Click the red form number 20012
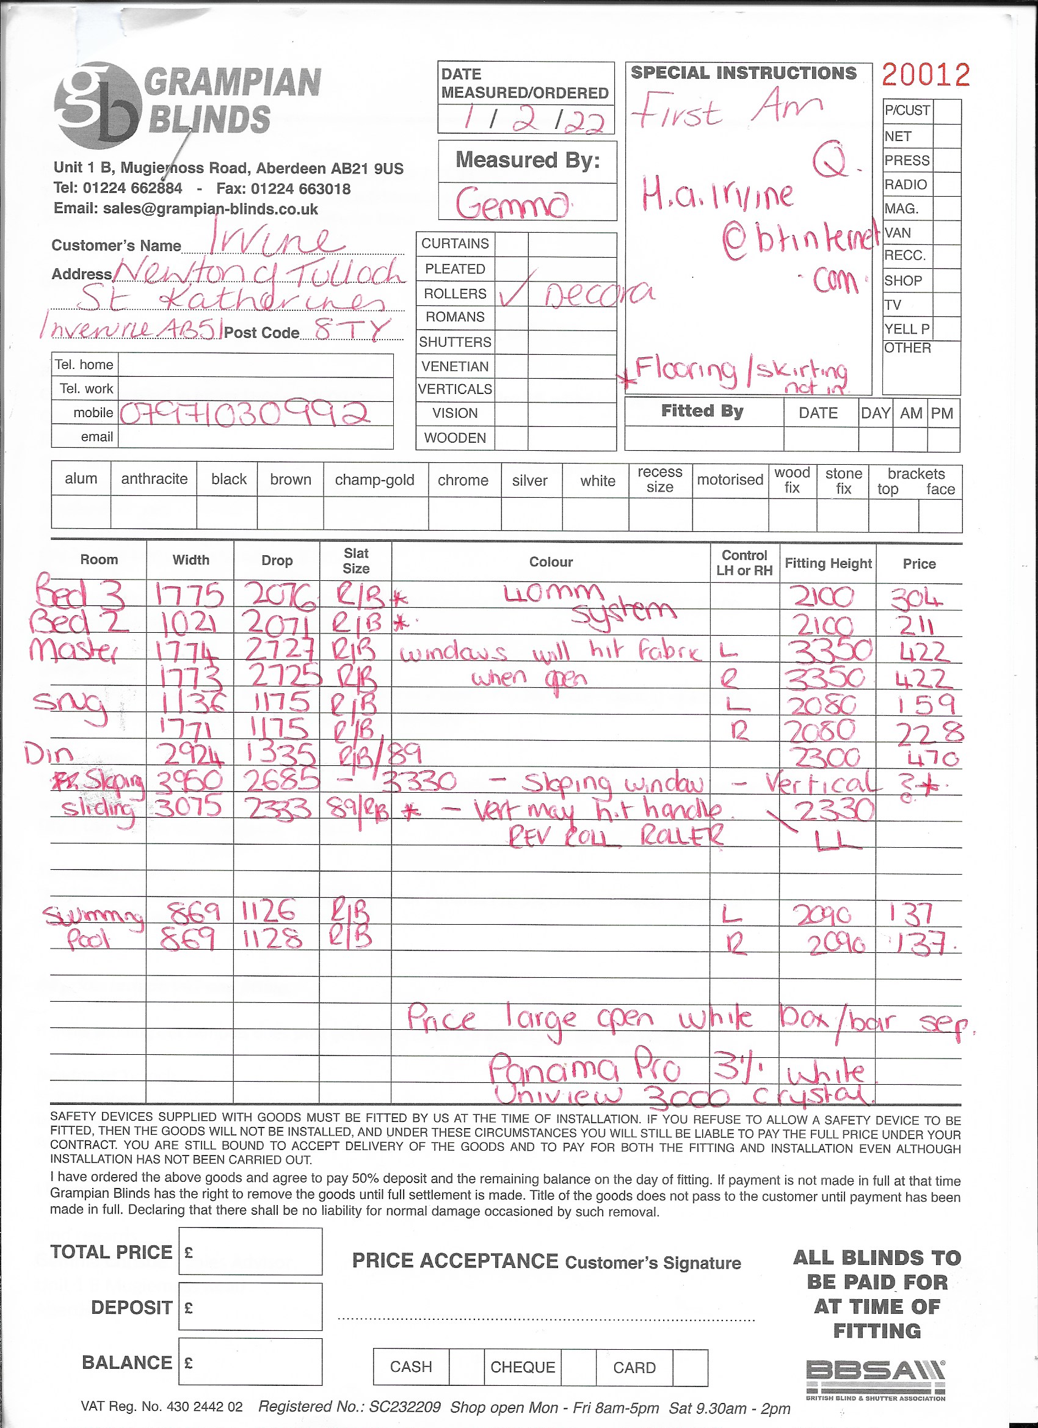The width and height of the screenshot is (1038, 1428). pyautogui.click(x=925, y=75)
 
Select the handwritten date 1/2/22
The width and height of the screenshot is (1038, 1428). pyautogui.click(x=534, y=118)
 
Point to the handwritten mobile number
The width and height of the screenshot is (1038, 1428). pyautogui.click(x=244, y=413)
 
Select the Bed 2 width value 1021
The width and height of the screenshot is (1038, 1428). pyautogui.click(x=190, y=624)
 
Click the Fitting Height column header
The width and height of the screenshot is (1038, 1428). pyautogui.click(x=827, y=564)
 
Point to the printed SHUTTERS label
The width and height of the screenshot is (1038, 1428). pyautogui.click(x=454, y=342)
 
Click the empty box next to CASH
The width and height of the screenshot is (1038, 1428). pyautogui.click(x=466, y=1367)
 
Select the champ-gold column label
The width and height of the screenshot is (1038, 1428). pyautogui.click(x=374, y=480)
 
